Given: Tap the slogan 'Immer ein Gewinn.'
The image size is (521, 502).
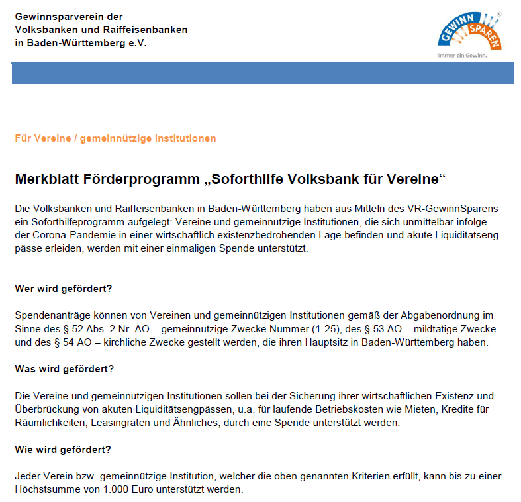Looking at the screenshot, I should click(463, 56).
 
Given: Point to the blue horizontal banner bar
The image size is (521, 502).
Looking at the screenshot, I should click(262, 73).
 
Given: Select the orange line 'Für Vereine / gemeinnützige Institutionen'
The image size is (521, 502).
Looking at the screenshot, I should click(115, 138).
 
